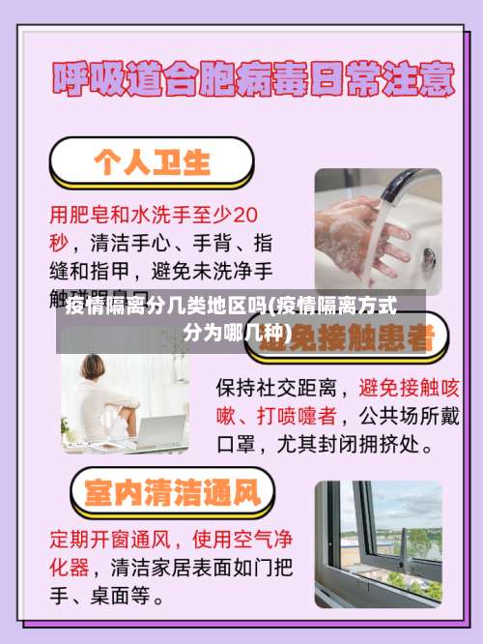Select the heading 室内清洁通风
[173, 493]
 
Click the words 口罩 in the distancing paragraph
[235, 447]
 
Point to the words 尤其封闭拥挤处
[352, 447]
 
